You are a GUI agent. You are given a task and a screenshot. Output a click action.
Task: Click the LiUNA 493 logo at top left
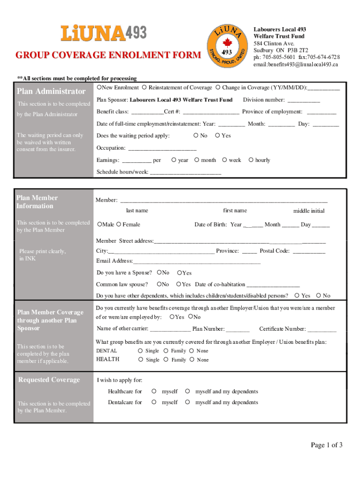(104, 33)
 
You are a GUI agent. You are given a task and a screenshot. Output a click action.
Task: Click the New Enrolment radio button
(100, 87)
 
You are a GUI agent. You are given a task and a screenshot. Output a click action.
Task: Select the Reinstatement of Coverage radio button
(145, 87)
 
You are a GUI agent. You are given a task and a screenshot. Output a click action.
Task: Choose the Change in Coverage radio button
(218, 87)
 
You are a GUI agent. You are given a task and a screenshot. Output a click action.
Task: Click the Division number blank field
(303, 100)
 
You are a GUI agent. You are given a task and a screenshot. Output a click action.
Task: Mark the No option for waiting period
(195, 136)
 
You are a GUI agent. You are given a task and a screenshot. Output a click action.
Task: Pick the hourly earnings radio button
(252, 160)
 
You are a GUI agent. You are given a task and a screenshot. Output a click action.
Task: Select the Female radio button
(119, 225)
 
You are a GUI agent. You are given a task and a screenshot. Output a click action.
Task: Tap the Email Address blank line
(196, 261)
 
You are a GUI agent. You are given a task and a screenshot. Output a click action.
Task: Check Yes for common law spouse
(179, 284)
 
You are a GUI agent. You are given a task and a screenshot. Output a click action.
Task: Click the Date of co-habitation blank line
(273, 285)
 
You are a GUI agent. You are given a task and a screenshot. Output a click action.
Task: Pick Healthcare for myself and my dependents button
(187, 391)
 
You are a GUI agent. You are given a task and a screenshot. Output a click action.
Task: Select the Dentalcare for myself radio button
(154, 402)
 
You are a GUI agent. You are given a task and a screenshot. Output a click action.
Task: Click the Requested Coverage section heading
(49, 380)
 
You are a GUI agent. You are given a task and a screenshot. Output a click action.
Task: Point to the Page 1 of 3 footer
(327, 445)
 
